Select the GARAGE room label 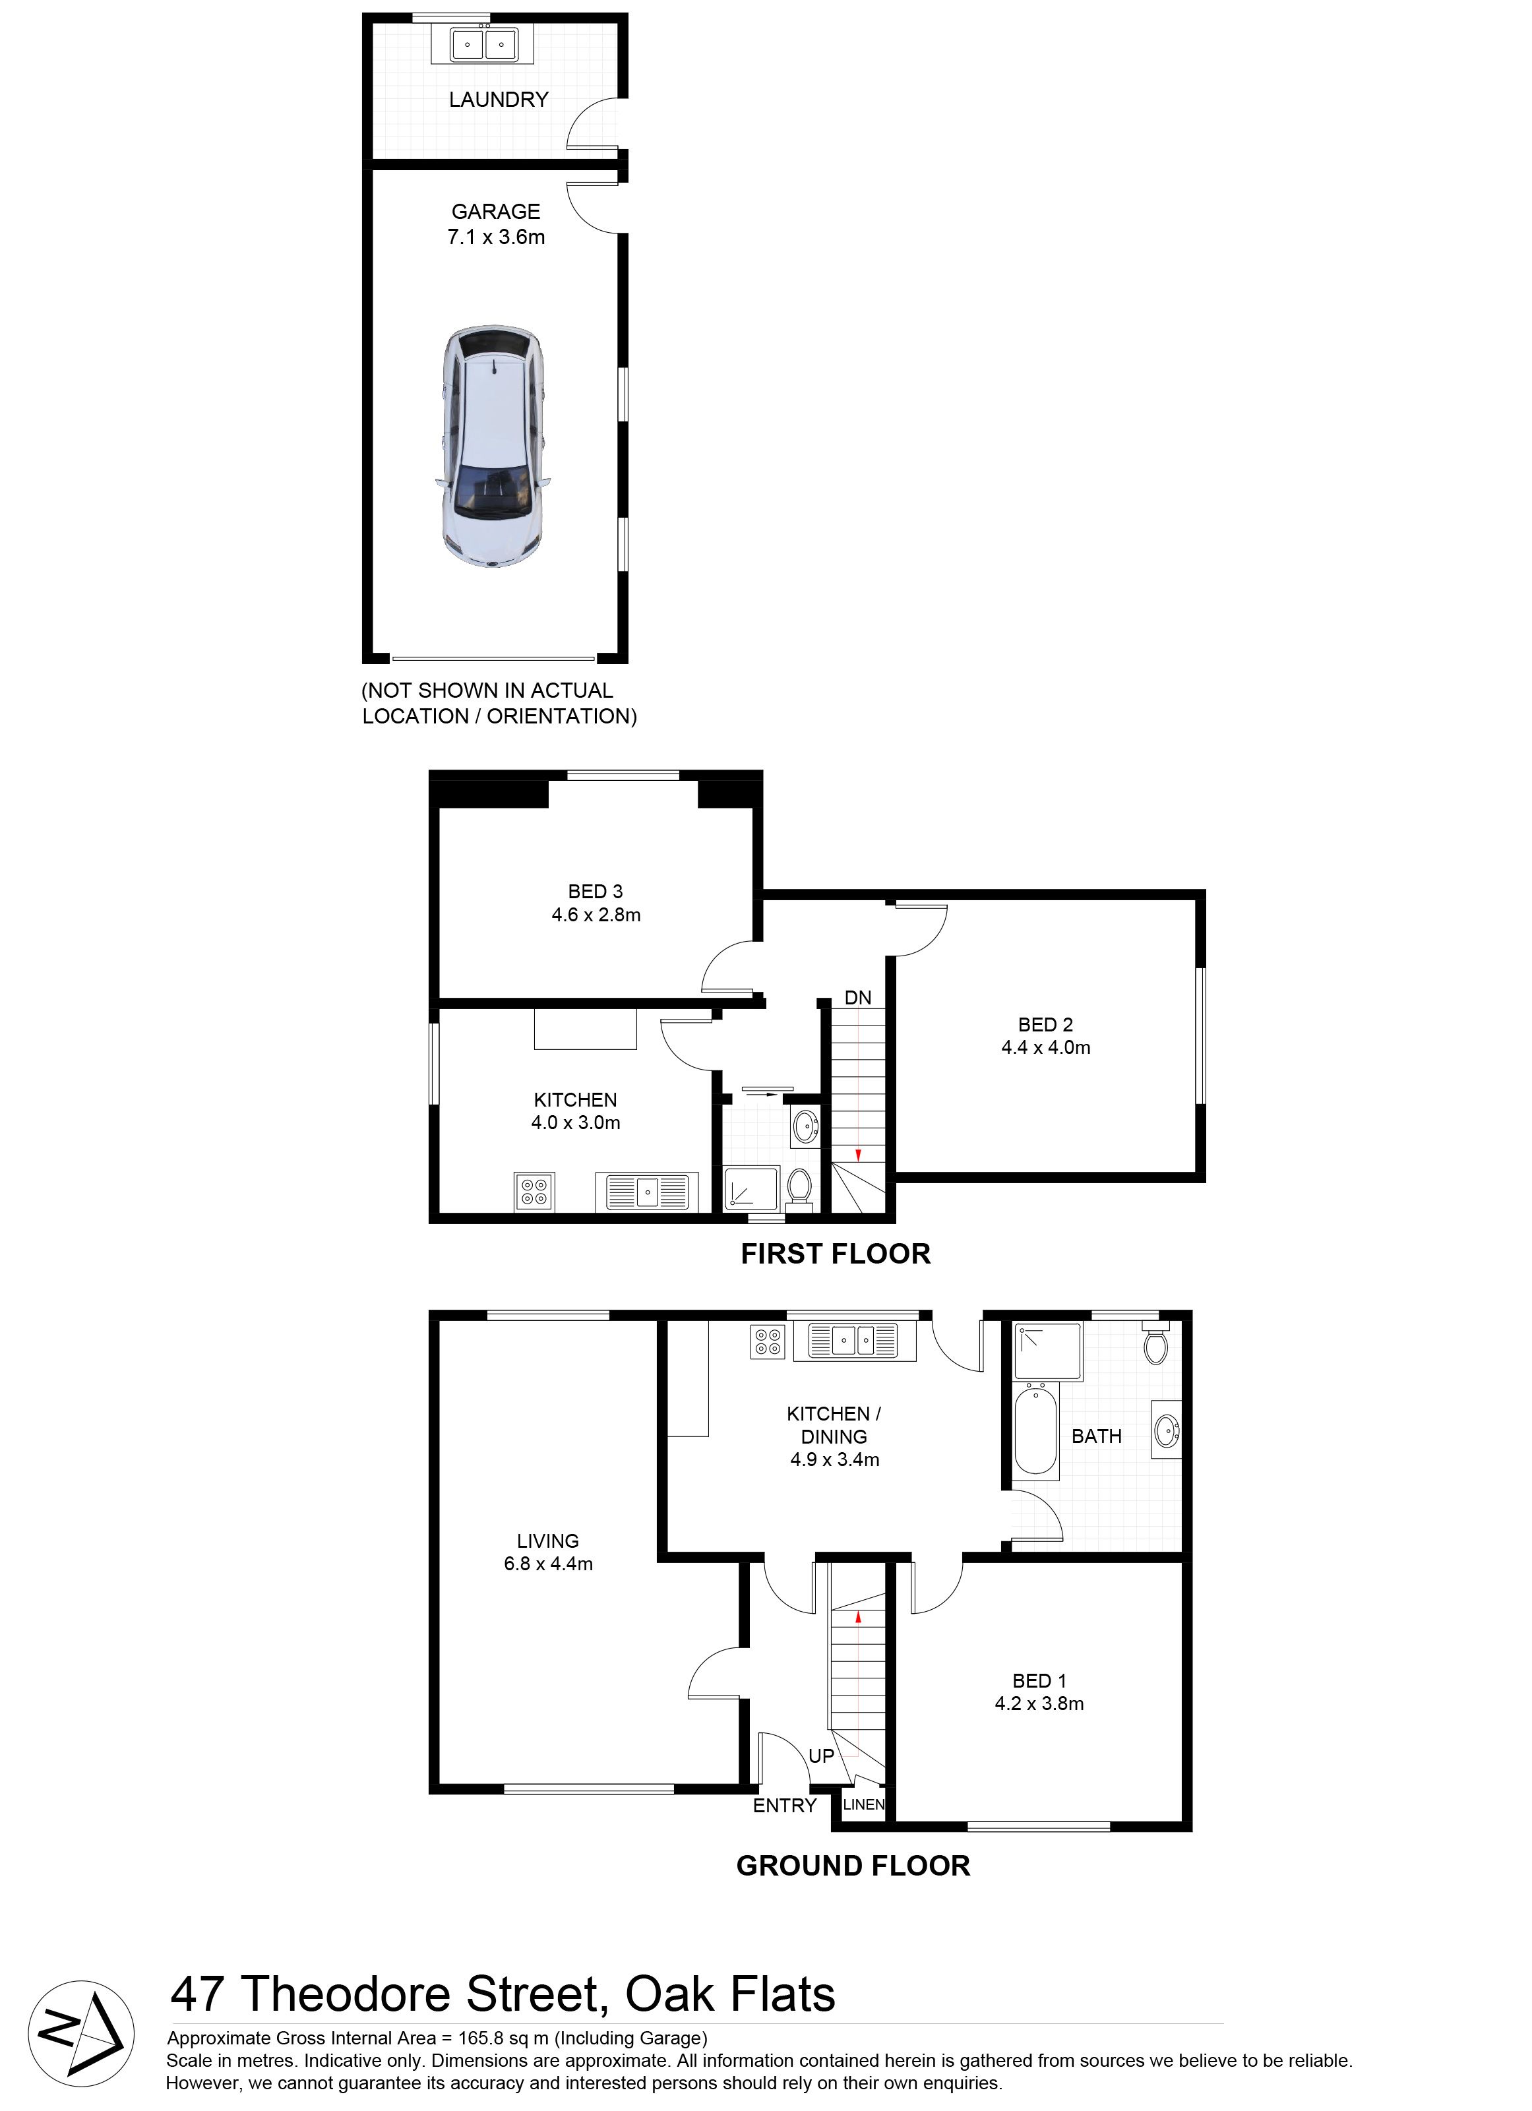click(x=496, y=212)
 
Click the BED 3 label click(x=596, y=892)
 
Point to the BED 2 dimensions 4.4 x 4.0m click(x=1046, y=1047)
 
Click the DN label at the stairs click(x=858, y=998)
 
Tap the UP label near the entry click(x=821, y=1756)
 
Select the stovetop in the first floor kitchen click(x=534, y=1192)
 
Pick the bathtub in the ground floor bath click(x=1036, y=1430)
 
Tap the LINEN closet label click(x=864, y=1804)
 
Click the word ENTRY click(x=785, y=1806)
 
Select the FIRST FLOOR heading click(x=836, y=1254)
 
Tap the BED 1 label click(x=1039, y=1681)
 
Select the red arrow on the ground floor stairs click(x=858, y=1618)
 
